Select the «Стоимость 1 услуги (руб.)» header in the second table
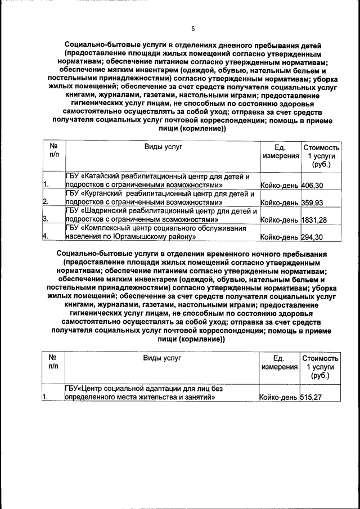(320, 367)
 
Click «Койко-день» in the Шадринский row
(280, 219)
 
